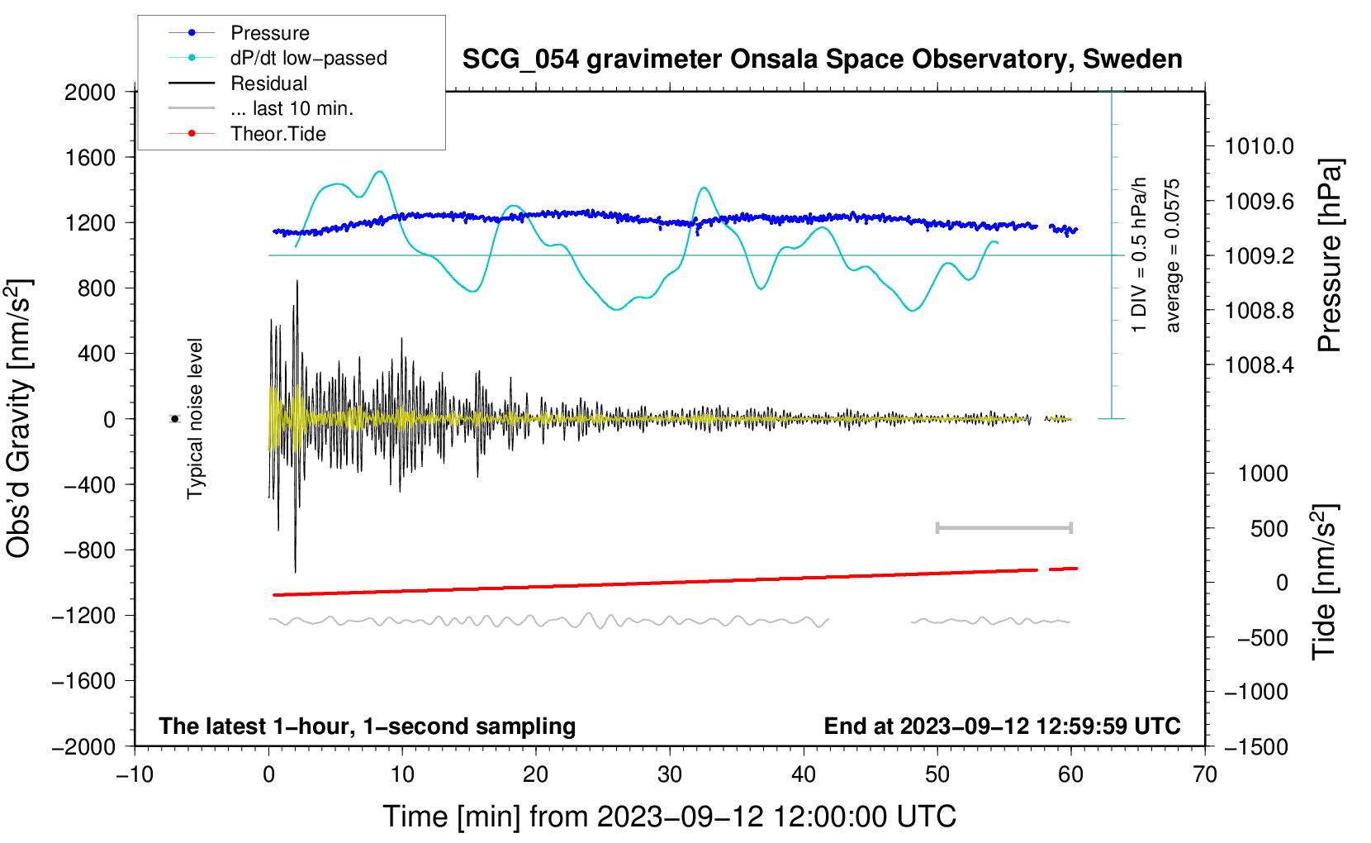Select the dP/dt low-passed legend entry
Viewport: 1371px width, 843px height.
pos(308,58)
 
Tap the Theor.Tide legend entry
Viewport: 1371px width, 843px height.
pos(278,134)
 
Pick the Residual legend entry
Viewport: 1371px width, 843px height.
pos(268,83)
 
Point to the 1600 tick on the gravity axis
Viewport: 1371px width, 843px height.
pos(90,158)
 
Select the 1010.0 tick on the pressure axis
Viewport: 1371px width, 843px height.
pos(1259,147)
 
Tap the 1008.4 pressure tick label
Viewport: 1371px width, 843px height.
pos(1259,365)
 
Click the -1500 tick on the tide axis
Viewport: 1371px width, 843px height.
pos(1255,747)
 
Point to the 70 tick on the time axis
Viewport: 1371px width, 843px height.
pos(1205,775)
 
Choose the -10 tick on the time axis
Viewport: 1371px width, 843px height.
pos(135,775)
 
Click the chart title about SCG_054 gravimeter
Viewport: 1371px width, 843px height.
pos(822,60)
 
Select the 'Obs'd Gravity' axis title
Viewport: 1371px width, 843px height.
pos(18,418)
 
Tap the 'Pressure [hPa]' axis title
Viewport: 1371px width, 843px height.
pos(1329,256)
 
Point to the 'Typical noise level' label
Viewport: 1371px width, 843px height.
pos(195,418)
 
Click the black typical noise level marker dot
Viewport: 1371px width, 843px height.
pos(175,419)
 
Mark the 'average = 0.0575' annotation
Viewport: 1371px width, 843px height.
pos(1173,256)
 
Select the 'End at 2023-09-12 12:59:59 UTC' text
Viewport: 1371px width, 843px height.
pos(1002,726)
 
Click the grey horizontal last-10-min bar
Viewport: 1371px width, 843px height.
pos(1003,528)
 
